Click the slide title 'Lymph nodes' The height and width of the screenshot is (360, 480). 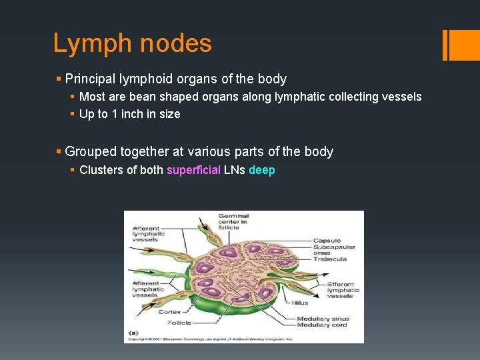pyautogui.click(x=132, y=44)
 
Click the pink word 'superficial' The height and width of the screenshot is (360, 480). pyautogui.click(x=193, y=170)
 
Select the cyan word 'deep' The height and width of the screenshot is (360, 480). pyautogui.click(x=261, y=170)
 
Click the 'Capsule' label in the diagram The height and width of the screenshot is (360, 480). pyautogui.click(x=327, y=240)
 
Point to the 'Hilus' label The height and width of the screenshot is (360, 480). pyautogui.click(x=300, y=303)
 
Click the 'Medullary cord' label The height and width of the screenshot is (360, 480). pyautogui.click(x=323, y=325)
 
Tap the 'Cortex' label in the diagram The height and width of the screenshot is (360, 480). pyautogui.click(x=169, y=311)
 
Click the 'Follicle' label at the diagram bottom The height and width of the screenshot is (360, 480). pyautogui.click(x=179, y=322)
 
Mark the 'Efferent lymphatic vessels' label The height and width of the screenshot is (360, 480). pyautogui.click(x=343, y=290)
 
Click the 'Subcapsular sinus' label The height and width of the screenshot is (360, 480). pyautogui.click(x=333, y=250)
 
